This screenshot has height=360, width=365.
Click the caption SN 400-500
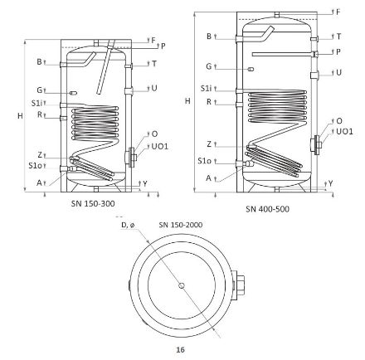tap(267, 209)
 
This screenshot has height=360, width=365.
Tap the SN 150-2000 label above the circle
tap(180, 225)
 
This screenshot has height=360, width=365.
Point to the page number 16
tap(180, 350)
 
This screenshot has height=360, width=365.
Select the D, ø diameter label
tap(129, 225)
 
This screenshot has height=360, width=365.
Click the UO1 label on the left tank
tap(160, 146)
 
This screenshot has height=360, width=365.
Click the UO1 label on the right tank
tap(344, 131)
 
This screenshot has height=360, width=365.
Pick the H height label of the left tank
tap(20, 117)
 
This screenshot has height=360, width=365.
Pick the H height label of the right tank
tap(188, 100)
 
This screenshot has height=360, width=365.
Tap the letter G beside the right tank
tap(208, 66)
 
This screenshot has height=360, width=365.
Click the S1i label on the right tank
tap(205, 88)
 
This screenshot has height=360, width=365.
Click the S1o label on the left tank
tap(36, 164)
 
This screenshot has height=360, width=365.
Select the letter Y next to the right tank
tap(330, 183)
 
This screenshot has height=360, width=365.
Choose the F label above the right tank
tap(338, 12)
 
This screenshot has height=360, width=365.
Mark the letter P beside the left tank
tap(163, 46)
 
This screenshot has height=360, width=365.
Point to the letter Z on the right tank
tap(209, 144)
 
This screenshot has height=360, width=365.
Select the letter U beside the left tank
tap(154, 87)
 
